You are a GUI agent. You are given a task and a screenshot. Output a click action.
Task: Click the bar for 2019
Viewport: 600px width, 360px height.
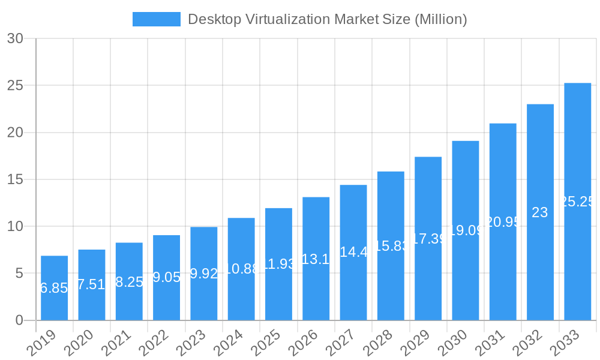(54, 288)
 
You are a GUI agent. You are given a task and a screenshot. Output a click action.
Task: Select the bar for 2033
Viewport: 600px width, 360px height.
(577, 202)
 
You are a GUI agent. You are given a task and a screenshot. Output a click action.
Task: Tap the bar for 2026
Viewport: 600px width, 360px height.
(316, 259)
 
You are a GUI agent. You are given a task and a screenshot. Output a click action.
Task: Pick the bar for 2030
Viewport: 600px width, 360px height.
(466, 230)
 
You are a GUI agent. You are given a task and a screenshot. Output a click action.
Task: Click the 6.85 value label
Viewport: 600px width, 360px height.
(54, 288)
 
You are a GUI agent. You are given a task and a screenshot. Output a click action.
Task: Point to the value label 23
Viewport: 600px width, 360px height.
(540, 212)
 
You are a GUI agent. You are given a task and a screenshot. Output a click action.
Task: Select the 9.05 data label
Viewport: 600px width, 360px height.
(166, 277)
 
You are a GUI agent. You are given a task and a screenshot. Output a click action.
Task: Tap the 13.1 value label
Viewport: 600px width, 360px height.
(316, 259)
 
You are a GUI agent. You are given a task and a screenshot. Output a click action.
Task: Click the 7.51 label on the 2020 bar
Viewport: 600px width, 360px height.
(92, 284)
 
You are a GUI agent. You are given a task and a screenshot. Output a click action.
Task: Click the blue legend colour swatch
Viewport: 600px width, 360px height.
(156, 19)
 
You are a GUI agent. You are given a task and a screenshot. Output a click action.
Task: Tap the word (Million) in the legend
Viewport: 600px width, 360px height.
(440, 19)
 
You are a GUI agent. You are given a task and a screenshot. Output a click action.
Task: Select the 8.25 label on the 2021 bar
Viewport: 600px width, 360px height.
(129, 282)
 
